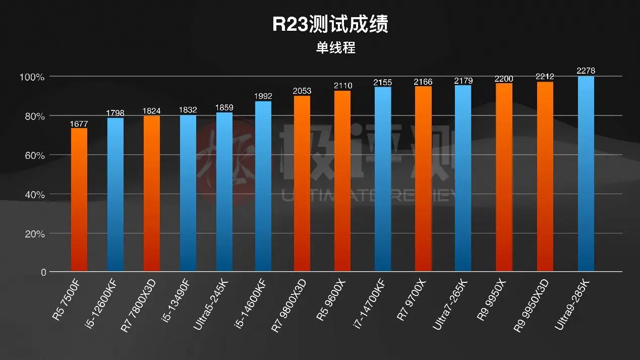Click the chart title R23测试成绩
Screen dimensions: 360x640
tap(330, 25)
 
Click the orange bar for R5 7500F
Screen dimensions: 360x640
tap(79, 200)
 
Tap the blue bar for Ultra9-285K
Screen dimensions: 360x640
tap(586, 174)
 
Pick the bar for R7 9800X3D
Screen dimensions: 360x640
tap(302, 184)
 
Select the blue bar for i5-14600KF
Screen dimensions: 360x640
tap(263, 187)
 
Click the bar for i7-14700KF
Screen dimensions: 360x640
tap(383, 179)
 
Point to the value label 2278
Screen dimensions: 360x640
tap(586, 71)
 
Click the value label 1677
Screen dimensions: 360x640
tap(79, 123)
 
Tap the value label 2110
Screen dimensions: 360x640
tap(342, 86)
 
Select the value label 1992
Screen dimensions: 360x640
tap(263, 96)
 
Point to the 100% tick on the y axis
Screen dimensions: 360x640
tap(32, 77)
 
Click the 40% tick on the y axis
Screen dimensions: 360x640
tap(33, 195)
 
